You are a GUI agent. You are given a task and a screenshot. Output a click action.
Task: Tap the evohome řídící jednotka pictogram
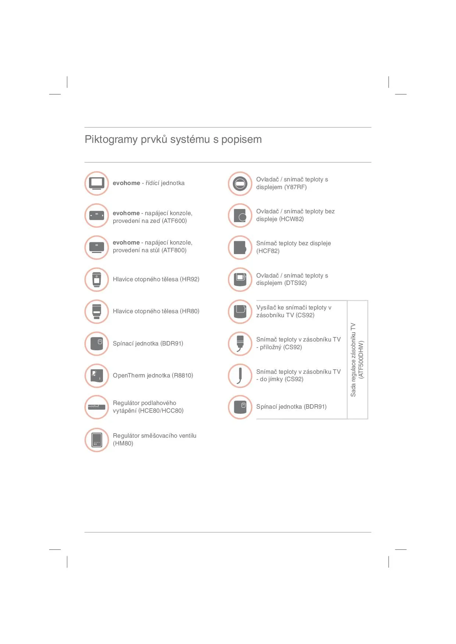pyautogui.click(x=97, y=183)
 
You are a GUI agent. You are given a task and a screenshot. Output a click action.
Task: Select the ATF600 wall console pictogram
pyautogui.click(x=97, y=216)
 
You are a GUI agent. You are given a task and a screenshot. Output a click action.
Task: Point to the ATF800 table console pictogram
pyautogui.click(x=97, y=247)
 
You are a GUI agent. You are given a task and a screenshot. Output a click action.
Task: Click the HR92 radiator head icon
pyautogui.click(x=97, y=279)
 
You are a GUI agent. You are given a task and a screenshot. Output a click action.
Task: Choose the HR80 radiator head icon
pyautogui.click(x=97, y=311)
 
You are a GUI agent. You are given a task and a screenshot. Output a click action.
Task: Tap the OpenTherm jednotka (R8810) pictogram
pyautogui.click(x=97, y=376)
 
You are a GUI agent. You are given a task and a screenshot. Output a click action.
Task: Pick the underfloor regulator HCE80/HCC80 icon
pyautogui.click(x=97, y=407)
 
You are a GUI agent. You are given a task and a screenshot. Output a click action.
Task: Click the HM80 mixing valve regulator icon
pyautogui.click(x=97, y=439)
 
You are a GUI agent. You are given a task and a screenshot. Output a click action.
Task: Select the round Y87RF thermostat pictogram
pyautogui.click(x=240, y=183)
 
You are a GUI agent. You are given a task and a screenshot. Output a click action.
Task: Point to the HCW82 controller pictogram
pyautogui.click(x=240, y=216)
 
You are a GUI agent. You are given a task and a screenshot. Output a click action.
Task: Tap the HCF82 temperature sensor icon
pyautogui.click(x=240, y=247)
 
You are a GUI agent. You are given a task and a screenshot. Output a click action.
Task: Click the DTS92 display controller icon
pyautogui.click(x=240, y=279)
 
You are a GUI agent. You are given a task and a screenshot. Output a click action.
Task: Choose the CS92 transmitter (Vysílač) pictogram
pyautogui.click(x=240, y=311)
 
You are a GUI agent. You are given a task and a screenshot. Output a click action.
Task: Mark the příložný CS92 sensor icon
pyautogui.click(x=240, y=344)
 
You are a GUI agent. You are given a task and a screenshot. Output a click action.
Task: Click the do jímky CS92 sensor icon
pyautogui.click(x=240, y=376)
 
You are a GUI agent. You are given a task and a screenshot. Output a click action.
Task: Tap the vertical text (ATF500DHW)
pyautogui.click(x=361, y=359)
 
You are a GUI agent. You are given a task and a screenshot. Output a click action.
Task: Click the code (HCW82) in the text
pyautogui.click(x=292, y=219)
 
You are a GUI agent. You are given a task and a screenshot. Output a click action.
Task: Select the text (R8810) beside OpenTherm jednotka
pyautogui.click(x=182, y=376)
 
